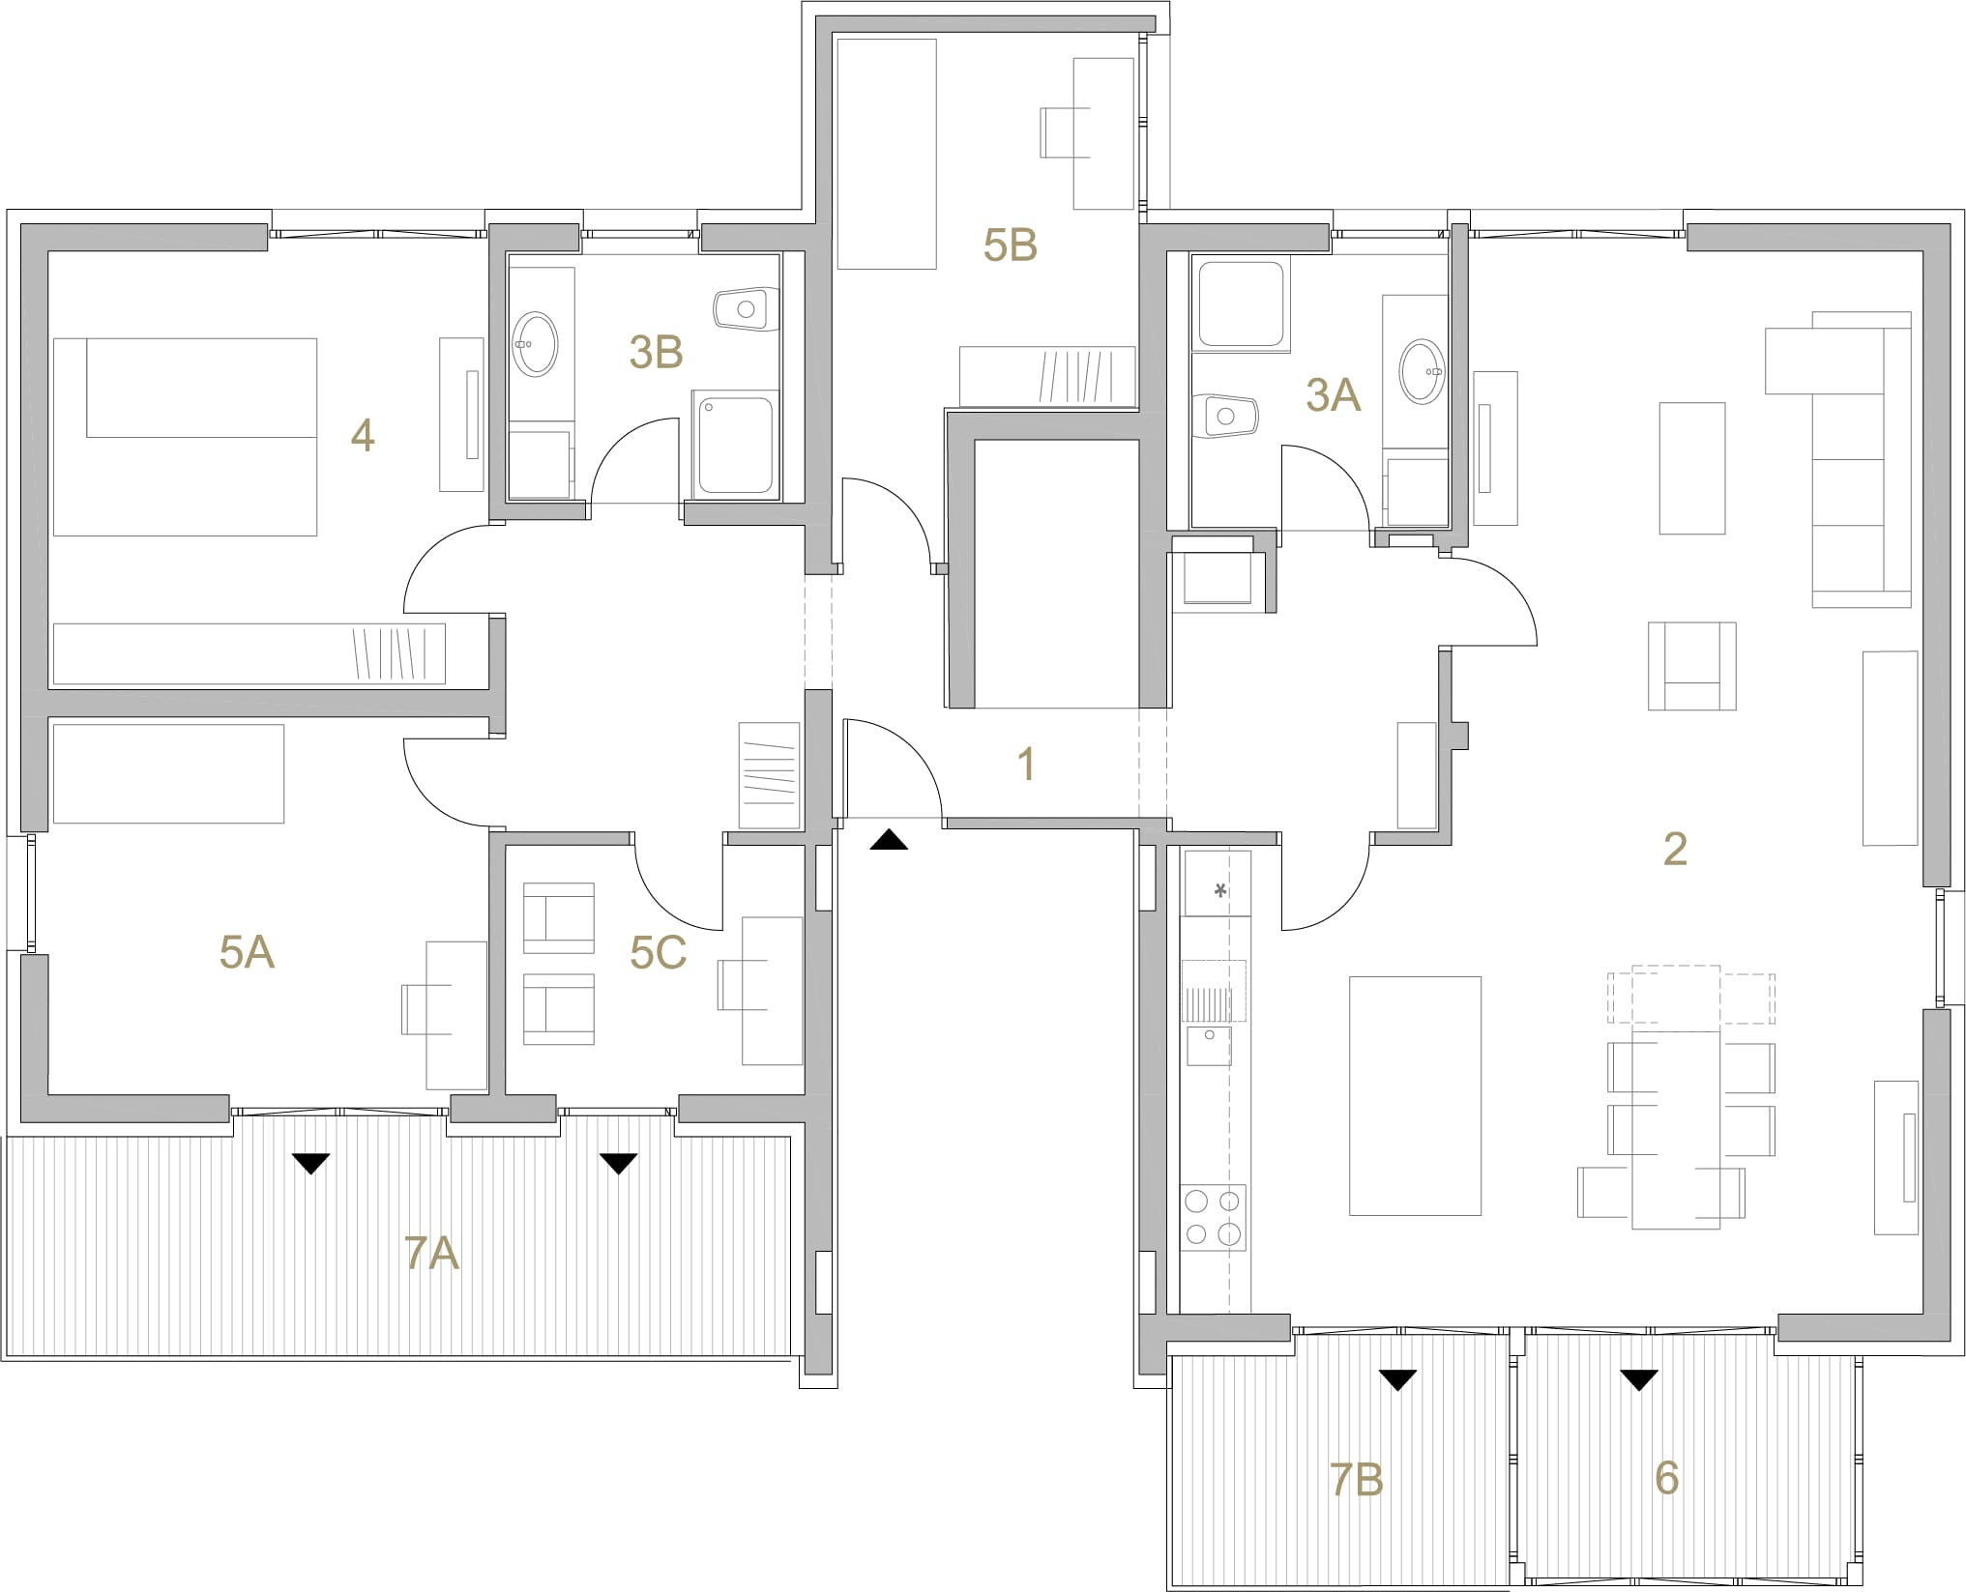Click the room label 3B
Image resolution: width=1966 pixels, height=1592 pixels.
pyautogui.click(x=656, y=352)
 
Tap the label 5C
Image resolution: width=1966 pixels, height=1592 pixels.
pyautogui.click(x=658, y=953)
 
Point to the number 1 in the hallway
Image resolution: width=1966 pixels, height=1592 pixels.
pyautogui.click(x=1026, y=765)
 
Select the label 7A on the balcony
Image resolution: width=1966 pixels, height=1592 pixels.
pyautogui.click(x=431, y=1254)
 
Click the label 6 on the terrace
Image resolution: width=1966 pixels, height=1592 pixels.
pyautogui.click(x=1666, y=1478)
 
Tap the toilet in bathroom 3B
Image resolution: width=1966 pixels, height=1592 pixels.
pyautogui.click(x=746, y=309)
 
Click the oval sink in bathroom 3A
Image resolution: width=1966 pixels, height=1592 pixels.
pyautogui.click(x=1422, y=371)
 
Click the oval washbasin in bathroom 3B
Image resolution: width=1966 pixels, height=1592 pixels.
pyautogui.click(x=535, y=344)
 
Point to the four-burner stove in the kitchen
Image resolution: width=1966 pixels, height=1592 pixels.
pyautogui.click(x=1214, y=1218)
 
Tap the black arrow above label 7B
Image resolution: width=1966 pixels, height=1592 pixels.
pyautogui.click(x=1397, y=1380)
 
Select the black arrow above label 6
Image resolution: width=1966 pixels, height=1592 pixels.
pyautogui.click(x=1638, y=1380)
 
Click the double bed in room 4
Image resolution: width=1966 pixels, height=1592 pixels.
pyautogui.click(x=186, y=437)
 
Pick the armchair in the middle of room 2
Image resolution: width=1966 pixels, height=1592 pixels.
pyautogui.click(x=1692, y=667)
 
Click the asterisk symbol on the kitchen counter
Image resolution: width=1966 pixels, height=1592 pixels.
pyautogui.click(x=1220, y=890)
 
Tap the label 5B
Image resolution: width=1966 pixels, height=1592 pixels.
pyautogui.click(x=1010, y=245)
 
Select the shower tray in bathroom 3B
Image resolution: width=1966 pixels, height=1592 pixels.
pyautogui.click(x=736, y=446)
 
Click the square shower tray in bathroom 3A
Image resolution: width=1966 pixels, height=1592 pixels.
pyautogui.click(x=1242, y=304)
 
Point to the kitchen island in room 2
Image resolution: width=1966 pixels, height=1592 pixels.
pyautogui.click(x=1415, y=1095)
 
